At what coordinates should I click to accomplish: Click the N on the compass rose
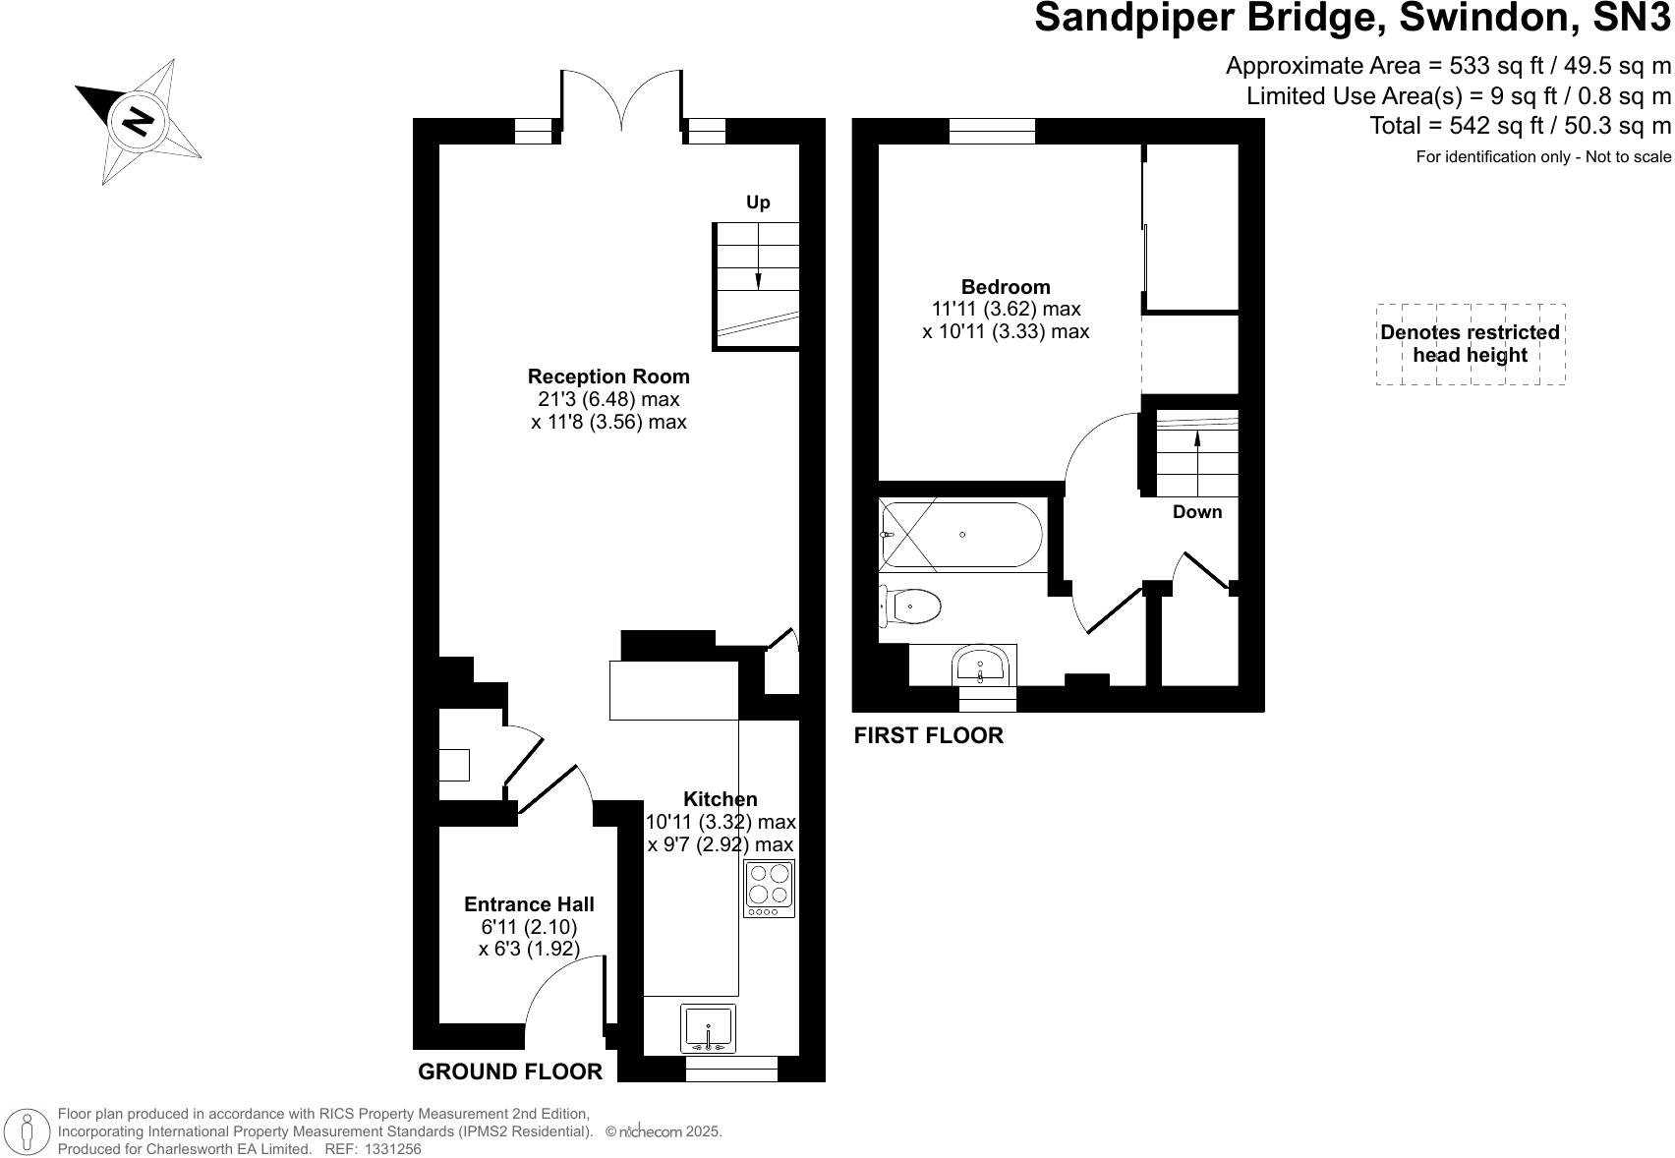pyautogui.click(x=137, y=121)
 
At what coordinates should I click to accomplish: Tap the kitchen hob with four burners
pyautogui.click(x=769, y=888)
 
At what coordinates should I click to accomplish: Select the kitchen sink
pyautogui.click(x=708, y=1028)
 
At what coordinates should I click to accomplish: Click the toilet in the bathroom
pyautogui.click(x=909, y=607)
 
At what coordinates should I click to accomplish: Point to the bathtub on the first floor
pyautogui.click(x=961, y=535)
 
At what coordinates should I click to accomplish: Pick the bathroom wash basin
pyautogui.click(x=980, y=665)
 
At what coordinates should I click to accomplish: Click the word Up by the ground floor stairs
pyautogui.click(x=758, y=203)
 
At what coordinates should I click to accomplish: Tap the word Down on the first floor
pyautogui.click(x=1197, y=512)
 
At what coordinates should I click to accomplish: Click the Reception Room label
pyautogui.click(x=608, y=376)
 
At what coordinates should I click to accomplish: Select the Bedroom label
pyautogui.click(x=1006, y=286)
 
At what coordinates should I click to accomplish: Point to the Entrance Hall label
pyautogui.click(x=530, y=904)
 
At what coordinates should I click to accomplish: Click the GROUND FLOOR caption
pyautogui.click(x=510, y=1072)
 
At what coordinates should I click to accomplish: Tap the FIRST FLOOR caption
pyautogui.click(x=929, y=735)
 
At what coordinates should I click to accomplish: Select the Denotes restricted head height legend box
pyautogui.click(x=1471, y=344)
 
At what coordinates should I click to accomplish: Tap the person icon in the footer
pyautogui.click(x=28, y=1130)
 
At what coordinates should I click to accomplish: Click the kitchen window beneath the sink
pyautogui.click(x=731, y=1069)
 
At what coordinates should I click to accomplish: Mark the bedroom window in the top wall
pyautogui.click(x=992, y=131)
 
